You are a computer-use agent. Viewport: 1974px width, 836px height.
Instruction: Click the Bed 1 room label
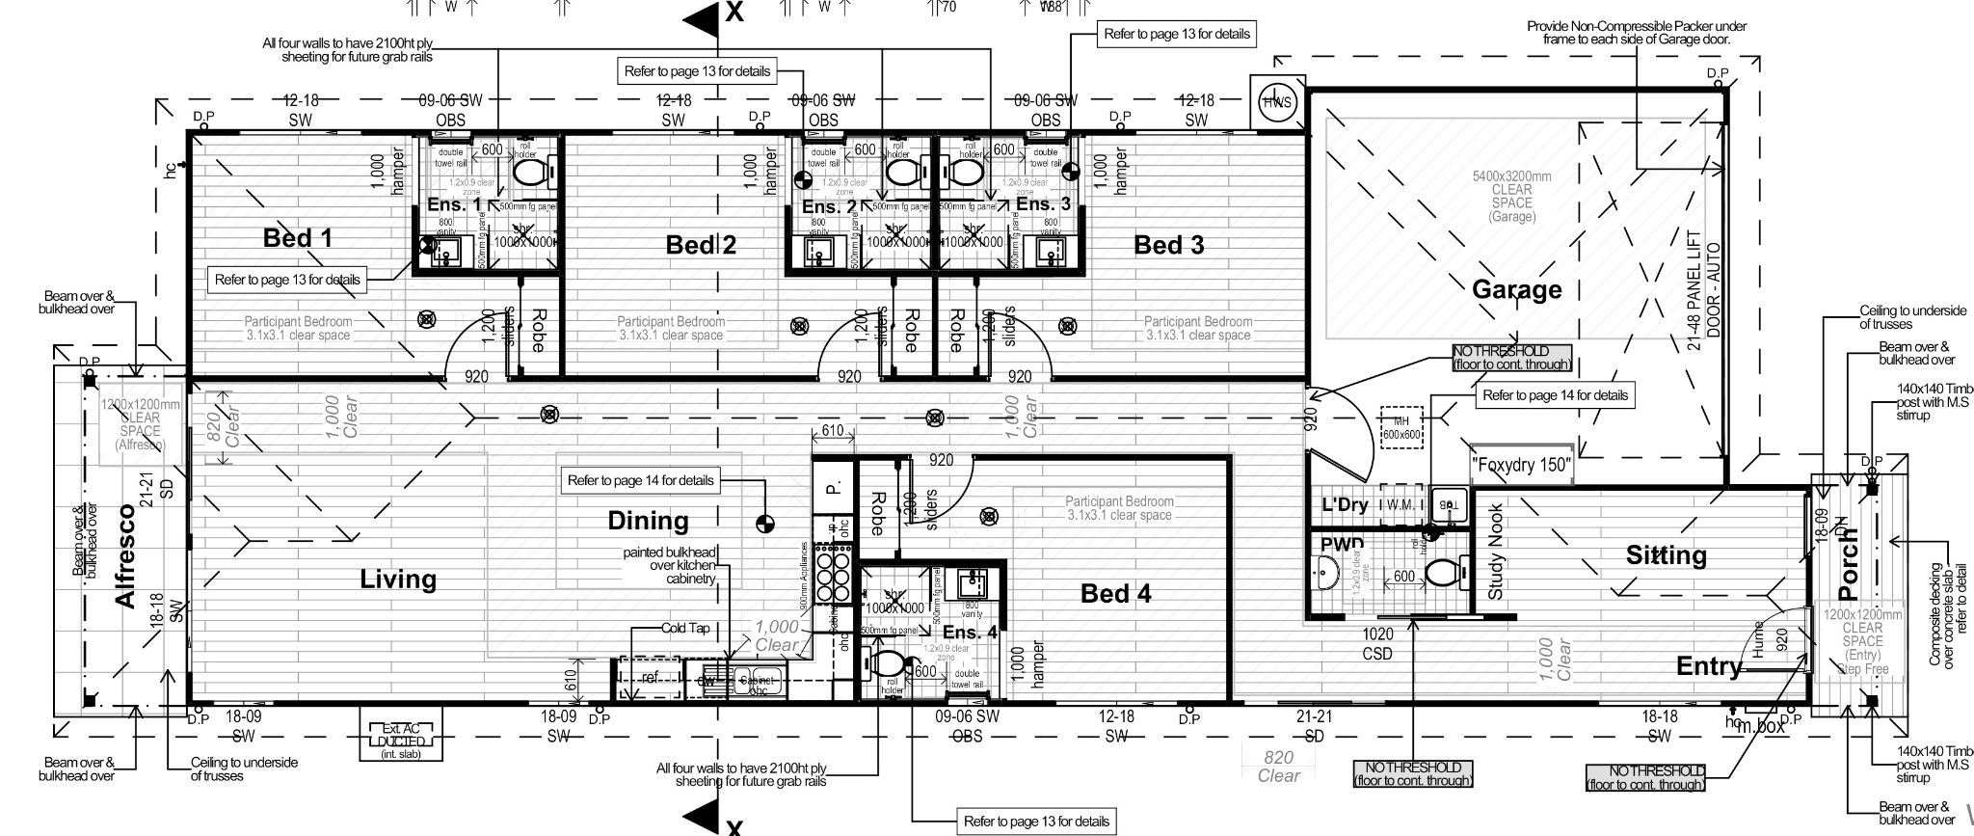298,238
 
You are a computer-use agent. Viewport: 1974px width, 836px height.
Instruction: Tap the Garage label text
1516,289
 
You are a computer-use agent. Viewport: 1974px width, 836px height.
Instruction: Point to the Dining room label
648,522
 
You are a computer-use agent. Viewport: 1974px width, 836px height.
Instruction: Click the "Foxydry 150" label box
1522,465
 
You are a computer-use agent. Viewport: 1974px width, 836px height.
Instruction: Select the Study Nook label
1496,553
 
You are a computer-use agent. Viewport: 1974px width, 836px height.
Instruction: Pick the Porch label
1848,561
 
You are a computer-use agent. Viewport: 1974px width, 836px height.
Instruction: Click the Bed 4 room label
1115,594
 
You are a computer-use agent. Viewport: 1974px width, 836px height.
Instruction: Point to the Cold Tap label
685,629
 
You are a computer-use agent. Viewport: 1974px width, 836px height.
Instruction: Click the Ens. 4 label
970,634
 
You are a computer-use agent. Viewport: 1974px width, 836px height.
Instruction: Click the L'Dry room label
1345,504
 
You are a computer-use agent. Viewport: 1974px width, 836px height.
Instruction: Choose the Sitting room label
1666,555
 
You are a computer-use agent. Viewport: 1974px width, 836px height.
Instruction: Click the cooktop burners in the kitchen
832,574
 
